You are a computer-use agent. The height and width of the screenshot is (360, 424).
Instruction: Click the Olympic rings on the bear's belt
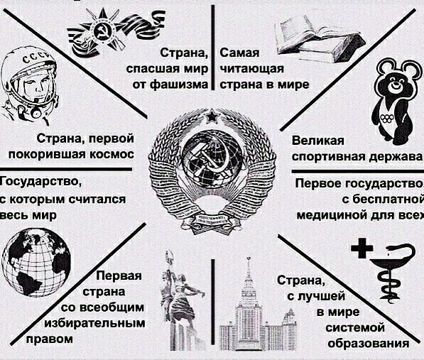[387, 118]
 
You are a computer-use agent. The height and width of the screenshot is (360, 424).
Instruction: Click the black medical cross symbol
[362, 248]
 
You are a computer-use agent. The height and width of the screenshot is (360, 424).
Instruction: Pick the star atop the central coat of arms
[212, 116]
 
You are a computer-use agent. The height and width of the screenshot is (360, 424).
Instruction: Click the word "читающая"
[252, 69]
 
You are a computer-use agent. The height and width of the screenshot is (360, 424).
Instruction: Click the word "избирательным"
[95, 323]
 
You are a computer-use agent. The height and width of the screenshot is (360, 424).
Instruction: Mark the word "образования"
[369, 343]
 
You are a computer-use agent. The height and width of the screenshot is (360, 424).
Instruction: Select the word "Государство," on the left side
[40, 182]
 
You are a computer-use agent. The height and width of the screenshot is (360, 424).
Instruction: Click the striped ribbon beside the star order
[143, 26]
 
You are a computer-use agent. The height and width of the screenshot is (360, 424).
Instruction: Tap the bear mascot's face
[396, 83]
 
